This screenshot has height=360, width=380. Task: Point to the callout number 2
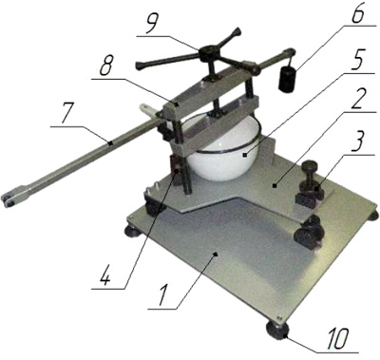click(360, 100)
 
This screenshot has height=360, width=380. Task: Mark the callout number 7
click(67, 115)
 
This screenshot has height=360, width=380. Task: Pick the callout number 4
click(104, 275)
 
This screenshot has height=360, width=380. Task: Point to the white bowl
click(226, 149)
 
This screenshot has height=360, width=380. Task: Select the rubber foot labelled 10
click(276, 330)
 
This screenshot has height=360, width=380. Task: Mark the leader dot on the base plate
click(216, 254)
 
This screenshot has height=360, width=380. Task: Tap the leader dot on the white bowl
click(244, 155)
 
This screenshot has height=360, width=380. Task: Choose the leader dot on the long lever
click(110, 143)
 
